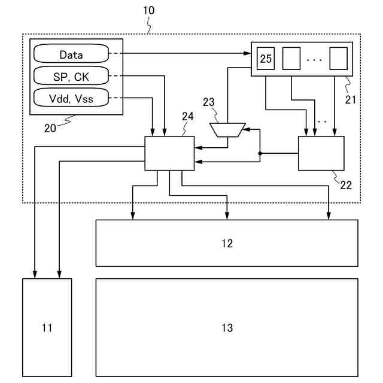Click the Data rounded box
click(x=71, y=54)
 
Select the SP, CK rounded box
click(x=71, y=76)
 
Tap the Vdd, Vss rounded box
click(x=71, y=98)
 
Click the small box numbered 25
click(x=266, y=59)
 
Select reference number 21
click(x=350, y=99)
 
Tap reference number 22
click(x=345, y=184)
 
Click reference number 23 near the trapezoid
click(x=209, y=102)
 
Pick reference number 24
click(x=187, y=116)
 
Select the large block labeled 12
click(x=227, y=243)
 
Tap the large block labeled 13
click(x=227, y=327)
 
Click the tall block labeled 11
click(x=47, y=327)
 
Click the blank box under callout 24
click(x=169, y=153)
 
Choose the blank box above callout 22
click(x=321, y=153)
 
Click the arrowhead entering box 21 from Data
click(x=247, y=54)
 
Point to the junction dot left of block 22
click(x=260, y=154)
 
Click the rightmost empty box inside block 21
click(x=338, y=59)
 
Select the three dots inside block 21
click(x=314, y=60)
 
